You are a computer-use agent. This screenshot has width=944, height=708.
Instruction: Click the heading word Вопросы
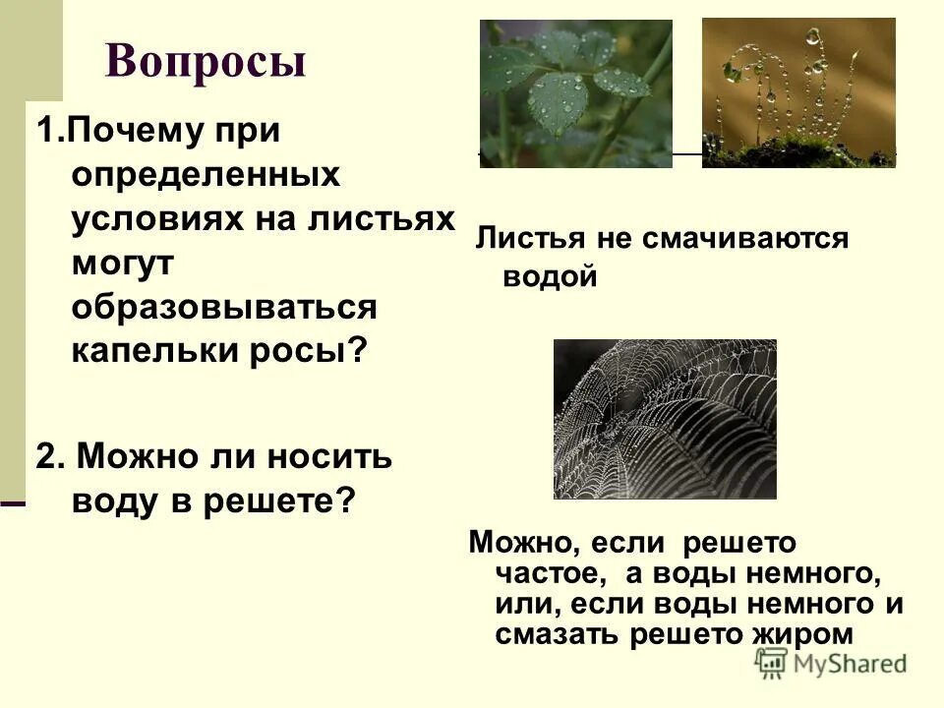click(206, 61)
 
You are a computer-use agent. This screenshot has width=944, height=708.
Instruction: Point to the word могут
click(122, 263)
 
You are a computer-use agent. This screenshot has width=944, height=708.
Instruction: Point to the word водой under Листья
click(551, 277)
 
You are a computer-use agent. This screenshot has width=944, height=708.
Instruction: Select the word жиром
click(806, 634)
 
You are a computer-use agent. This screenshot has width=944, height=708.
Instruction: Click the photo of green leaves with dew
click(576, 93)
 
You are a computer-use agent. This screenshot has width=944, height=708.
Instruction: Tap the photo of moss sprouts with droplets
click(798, 92)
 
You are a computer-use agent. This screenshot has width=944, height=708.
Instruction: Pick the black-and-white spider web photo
click(665, 419)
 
